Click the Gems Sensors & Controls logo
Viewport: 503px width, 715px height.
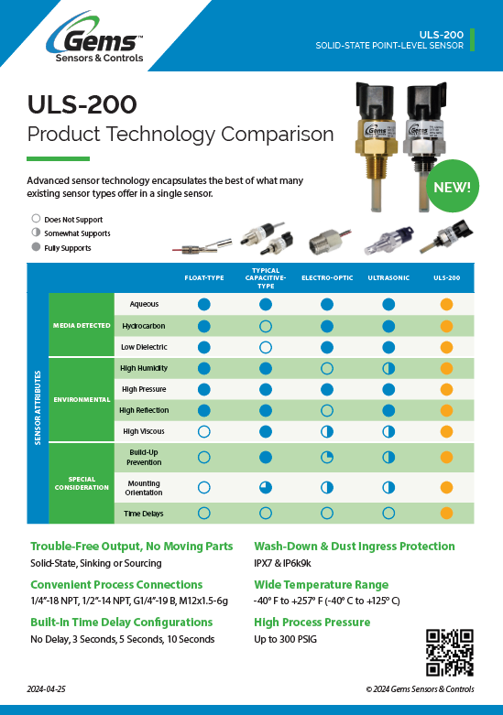point(95,38)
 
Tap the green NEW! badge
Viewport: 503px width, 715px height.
point(452,187)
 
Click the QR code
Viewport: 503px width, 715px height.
point(450,653)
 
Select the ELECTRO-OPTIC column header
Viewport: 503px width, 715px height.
point(327,277)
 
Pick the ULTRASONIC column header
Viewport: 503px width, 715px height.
point(388,277)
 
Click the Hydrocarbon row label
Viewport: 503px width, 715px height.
point(144,326)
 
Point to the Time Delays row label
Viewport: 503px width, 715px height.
point(144,514)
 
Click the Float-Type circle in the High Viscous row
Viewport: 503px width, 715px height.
point(204,431)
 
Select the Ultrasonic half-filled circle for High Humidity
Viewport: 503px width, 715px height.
point(388,368)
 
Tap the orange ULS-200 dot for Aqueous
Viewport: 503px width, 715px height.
point(446,304)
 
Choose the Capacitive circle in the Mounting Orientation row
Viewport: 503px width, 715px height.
point(266,487)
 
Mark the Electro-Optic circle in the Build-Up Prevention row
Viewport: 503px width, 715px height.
point(327,458)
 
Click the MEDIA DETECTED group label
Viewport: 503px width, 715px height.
point(82,326)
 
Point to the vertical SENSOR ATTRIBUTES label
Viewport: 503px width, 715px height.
point(38,407)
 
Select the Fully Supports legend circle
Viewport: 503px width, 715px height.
point(36,247)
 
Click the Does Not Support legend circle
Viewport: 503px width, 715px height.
point(36,219)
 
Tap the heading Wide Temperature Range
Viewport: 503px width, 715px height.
point(322,585)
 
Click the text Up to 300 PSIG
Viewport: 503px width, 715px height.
point(285,639)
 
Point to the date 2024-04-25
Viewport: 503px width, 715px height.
point(46,689)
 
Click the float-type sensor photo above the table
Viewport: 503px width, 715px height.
point(202,246)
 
